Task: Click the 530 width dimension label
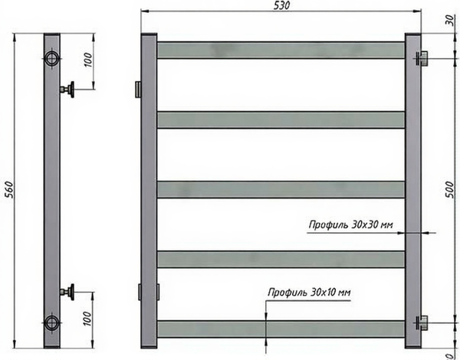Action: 281,6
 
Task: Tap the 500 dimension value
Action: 450,188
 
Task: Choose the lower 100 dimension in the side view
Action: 87,318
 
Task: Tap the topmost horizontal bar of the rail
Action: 281,50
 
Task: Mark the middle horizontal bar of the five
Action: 281,189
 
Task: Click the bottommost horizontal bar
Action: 281,329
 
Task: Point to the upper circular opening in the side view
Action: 51,59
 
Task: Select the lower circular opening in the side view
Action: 51,321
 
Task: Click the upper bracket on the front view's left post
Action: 137,90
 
